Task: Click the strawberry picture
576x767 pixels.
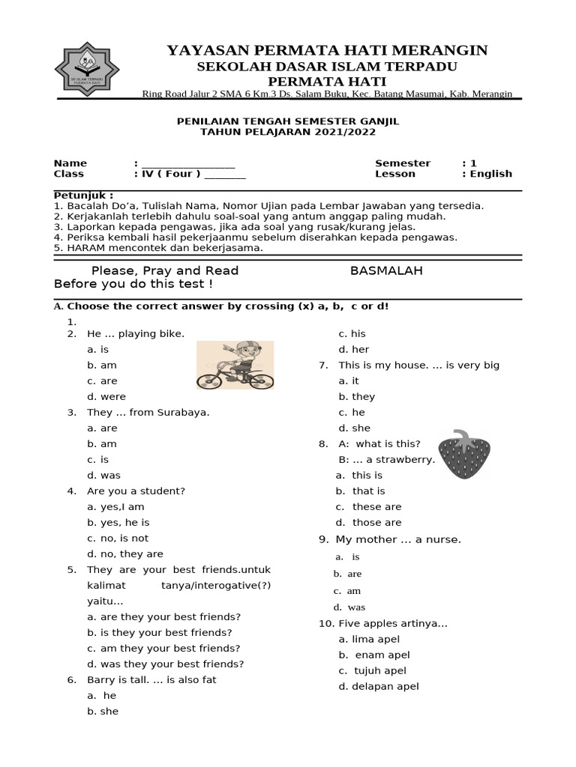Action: coord(464,455)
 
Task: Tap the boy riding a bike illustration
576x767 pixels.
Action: coord(235,365)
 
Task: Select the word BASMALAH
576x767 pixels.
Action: coord(386,270)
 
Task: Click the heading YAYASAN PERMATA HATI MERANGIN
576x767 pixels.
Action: coord(327,50)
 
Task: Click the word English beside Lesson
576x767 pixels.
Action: coord(491,174)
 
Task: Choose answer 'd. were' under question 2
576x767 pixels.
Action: coord(106,397)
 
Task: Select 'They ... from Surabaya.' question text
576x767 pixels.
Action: coord(148,413)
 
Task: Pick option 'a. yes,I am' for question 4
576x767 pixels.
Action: coord(115,507)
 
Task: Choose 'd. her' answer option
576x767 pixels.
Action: coord(354,350)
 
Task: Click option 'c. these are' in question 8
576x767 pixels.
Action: coord(368,507)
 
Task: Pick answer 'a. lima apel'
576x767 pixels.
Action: coord(369,640)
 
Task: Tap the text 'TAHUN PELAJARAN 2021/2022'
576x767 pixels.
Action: coord(288,132)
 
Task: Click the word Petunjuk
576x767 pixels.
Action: coord(83,195)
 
